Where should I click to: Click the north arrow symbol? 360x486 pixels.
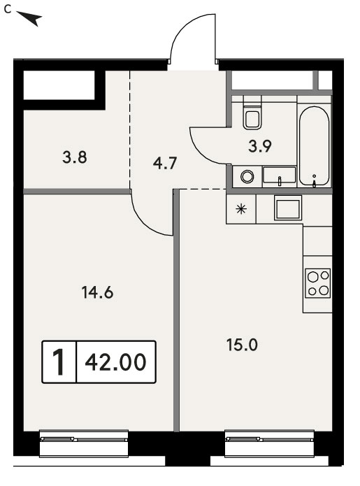pyautogui.click(x=30, y=18)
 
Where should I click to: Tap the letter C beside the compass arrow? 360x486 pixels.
pyautogui.click(x=8, y=10)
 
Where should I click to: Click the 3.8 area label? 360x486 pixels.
pyautogui.click(x=75, y=157)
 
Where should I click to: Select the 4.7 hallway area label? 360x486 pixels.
pyautogui.click(x=165, y=163)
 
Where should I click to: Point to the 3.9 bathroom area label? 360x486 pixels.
pyautogui.click(x=260, y=146)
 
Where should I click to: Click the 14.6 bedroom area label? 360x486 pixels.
pyautogui.click(x=98, y=292)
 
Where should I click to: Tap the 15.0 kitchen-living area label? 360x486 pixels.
pyautogui.click(x=243, y=345)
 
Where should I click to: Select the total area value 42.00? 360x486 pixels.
pyautogui.click(x=115, y=362)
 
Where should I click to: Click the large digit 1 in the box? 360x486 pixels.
pyautogui.click(x=58, y=362)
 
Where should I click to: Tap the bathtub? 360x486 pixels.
pyautogui.click(x=314, y=146)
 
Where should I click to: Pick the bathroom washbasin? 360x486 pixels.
pyautogui.click(x=280, y=176)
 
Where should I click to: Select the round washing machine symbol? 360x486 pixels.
pyautogui.click(x=247, y=177)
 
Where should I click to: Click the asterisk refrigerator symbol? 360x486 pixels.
pyautogui.click(x=241, y=210)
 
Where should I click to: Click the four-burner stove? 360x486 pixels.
pyautogui.click(x=317, y=283)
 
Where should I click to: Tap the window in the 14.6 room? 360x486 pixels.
pyautogui.click(x=84, y=443)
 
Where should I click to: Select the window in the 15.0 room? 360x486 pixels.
pyautogui.click(x=269, y=443)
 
